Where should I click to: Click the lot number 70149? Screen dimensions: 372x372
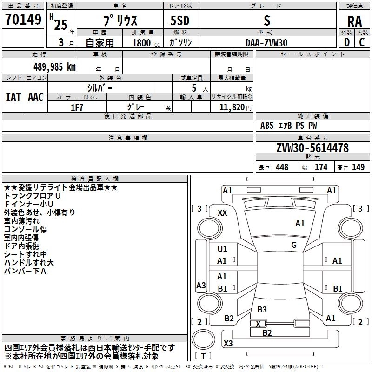[x=23, y=19]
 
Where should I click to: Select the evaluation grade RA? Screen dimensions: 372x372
[x=354, y=21]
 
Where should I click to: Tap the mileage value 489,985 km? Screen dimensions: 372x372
[x=54, y=66]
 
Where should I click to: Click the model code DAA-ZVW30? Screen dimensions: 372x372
[x=266, y=43]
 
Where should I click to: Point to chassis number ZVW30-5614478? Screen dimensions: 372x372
[x=312, y=147]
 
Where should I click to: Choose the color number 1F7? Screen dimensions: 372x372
[x=77, y=107]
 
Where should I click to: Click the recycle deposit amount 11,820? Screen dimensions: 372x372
[x=232, y=107]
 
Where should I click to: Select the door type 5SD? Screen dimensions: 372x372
[x=180, y=20]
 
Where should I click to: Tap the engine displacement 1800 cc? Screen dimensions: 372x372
[x=146, y=43]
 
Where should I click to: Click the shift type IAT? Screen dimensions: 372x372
[x=13, y=97]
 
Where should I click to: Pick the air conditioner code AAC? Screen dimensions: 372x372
[x=36, y=97]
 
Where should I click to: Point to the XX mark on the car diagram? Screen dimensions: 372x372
[x=222, y=213]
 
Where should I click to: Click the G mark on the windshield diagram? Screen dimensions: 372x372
[x=294, y=245]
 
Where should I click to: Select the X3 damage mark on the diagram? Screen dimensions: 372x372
[x=228, y=343]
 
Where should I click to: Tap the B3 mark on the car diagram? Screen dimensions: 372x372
[x=262, y=309]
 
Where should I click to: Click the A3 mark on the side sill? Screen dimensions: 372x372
[x=201, y=285]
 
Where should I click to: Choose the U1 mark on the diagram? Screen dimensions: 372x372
[x=222, y=249]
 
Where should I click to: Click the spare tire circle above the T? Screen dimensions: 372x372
[x=203, y=339]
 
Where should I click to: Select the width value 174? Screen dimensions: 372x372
[x=321, y=167]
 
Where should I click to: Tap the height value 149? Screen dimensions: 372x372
[x=358, y=167]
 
